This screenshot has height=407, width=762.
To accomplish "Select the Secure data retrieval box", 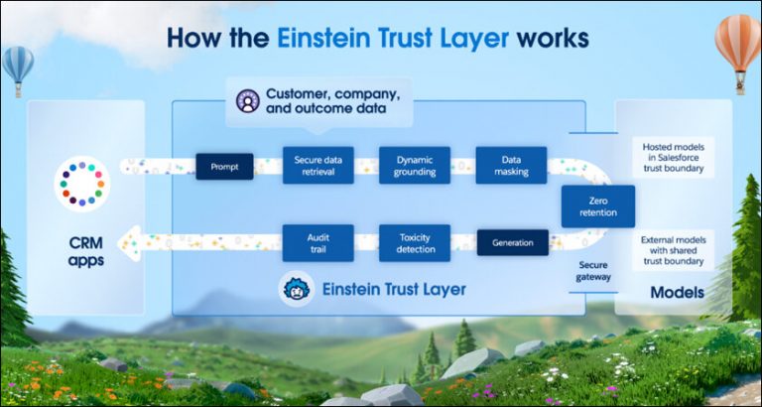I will (317, 165).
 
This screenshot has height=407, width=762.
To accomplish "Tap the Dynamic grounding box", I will (415, 165).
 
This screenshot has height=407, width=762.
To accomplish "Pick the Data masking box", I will (511, 165).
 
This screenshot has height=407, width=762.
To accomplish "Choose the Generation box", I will (512, 242).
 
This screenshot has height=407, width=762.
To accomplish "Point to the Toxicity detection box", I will (415, 242).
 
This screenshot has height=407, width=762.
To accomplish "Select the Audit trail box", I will (317, 242).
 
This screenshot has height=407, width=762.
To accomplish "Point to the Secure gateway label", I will (595, 271).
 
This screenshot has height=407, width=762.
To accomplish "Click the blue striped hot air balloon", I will (18, 67).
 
